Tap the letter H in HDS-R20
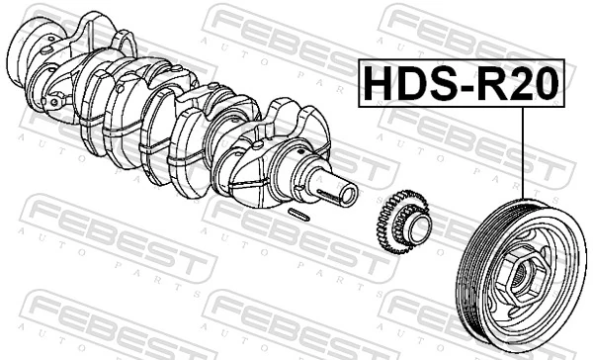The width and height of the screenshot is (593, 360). [x=378, y=84]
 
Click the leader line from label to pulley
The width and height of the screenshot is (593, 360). [x=520, y=158]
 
